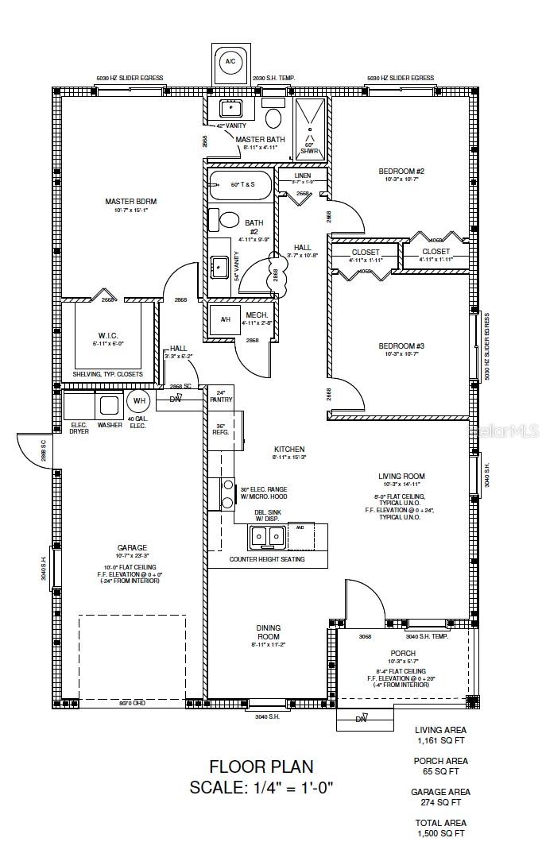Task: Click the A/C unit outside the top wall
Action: pos(230,62)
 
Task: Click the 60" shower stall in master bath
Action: pos(308,127)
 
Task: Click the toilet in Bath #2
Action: pos(229,220)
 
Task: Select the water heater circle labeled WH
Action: pos(138,401)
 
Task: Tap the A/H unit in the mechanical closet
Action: pos(224,320)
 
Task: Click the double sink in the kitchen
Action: pos(268,538)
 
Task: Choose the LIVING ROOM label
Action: pos(401,477)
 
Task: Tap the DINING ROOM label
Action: pos(268,632)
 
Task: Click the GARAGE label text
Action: pos(132,548)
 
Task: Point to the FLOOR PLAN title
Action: pos(261,766)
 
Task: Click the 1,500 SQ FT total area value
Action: pos(440,833)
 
